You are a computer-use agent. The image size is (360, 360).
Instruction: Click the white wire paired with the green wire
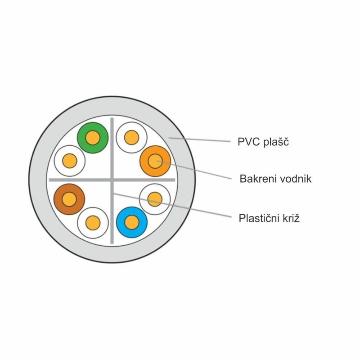click(x=70, y=161)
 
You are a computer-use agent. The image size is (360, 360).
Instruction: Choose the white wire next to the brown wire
click(x=93, y=223)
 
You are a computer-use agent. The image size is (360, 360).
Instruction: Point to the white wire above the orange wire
click(x=131, y=138)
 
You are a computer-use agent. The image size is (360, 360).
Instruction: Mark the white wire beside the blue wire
click(x=155, y=199)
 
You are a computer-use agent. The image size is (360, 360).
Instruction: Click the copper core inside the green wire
click(x=93, y=138)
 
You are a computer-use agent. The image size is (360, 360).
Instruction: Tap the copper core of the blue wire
click(x=132, y=222)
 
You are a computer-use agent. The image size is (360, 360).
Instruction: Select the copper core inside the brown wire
click(x=69, y=199)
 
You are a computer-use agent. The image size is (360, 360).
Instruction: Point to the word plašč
click(x=276, y=142)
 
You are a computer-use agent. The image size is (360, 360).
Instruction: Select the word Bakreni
click(x=256, y=179)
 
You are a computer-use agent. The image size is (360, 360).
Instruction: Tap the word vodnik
click(x=294, y=179)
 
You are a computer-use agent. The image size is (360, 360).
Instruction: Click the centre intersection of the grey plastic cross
click(x=112, y=180)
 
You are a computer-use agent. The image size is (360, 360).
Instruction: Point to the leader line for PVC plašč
click(x=199, y=139)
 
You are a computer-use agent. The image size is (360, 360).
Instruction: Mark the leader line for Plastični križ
click(x=172, y=205)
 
